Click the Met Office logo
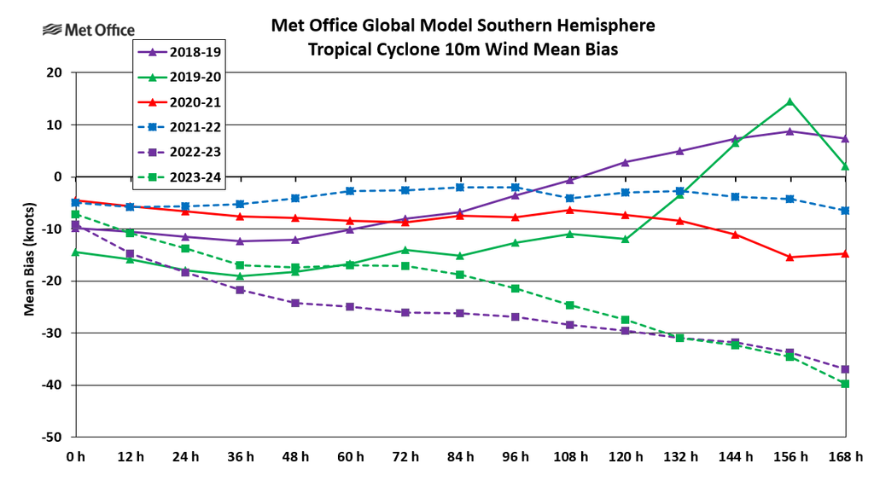tap(88, 31)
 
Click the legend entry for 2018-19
tap(178, 50)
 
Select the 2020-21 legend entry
tap(178, 102)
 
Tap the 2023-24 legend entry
tap(178, 179)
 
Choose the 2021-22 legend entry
tap(178, 128)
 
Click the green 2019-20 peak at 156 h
tap(790, 101)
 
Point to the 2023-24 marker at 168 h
tap(845, 384)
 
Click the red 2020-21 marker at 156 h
tap(790, 257)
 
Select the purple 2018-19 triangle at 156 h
tap(790, 131)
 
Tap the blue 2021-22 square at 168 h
tap(845, 211)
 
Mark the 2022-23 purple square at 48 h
tap(295, 303)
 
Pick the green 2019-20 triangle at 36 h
tap(240, 276)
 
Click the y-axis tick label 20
tap(55, 72)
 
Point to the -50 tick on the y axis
tap(51, 437)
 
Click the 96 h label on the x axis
tap(515, 457)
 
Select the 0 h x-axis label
tap(76, 457)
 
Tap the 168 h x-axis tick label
tap(845, 457)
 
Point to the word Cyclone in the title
tap(407, 49)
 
